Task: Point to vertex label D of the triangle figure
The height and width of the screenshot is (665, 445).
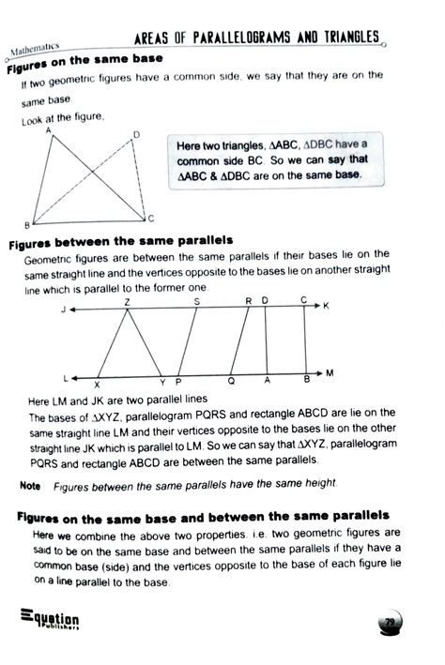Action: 135,135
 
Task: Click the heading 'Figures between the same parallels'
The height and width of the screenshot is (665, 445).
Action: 120,241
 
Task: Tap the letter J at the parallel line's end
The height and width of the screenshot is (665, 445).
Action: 61,309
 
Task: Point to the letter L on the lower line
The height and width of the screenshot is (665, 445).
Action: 66,377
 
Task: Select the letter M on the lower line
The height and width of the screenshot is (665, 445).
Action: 330,373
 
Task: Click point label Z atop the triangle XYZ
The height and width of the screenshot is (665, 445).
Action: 127,301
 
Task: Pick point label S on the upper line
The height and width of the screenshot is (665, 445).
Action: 196,301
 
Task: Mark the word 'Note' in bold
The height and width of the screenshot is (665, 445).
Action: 30,485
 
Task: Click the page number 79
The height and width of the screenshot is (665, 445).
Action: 388,623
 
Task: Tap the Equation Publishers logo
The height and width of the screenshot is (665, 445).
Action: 49,618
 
